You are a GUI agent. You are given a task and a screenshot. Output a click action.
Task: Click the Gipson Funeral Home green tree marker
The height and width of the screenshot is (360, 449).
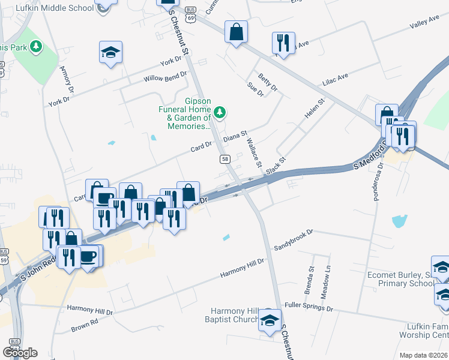[220, 111]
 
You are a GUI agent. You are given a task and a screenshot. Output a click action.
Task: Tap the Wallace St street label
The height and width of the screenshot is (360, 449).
[255, 153]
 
